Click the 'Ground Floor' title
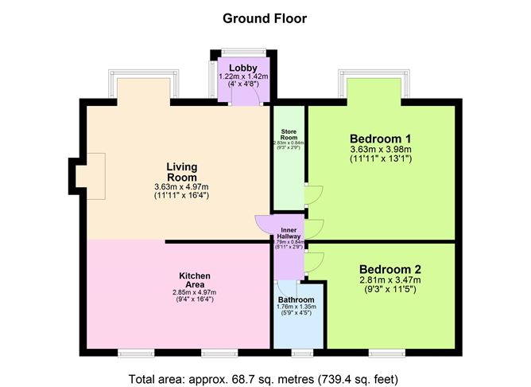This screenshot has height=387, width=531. coord(265,18)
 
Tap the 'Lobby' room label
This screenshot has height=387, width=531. coord(242,68)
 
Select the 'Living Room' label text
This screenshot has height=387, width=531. coord(181,172)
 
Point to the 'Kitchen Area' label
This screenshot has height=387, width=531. coord(194,280)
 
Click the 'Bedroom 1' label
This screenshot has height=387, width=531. coord(380,138)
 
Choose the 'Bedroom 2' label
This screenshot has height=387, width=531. coord(389,268)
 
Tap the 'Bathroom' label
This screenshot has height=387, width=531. coord(297,299)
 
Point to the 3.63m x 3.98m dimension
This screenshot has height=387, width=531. coord(380,149)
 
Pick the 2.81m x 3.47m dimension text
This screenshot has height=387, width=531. coord(389,279)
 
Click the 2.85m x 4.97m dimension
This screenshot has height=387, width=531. coord(194,292)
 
